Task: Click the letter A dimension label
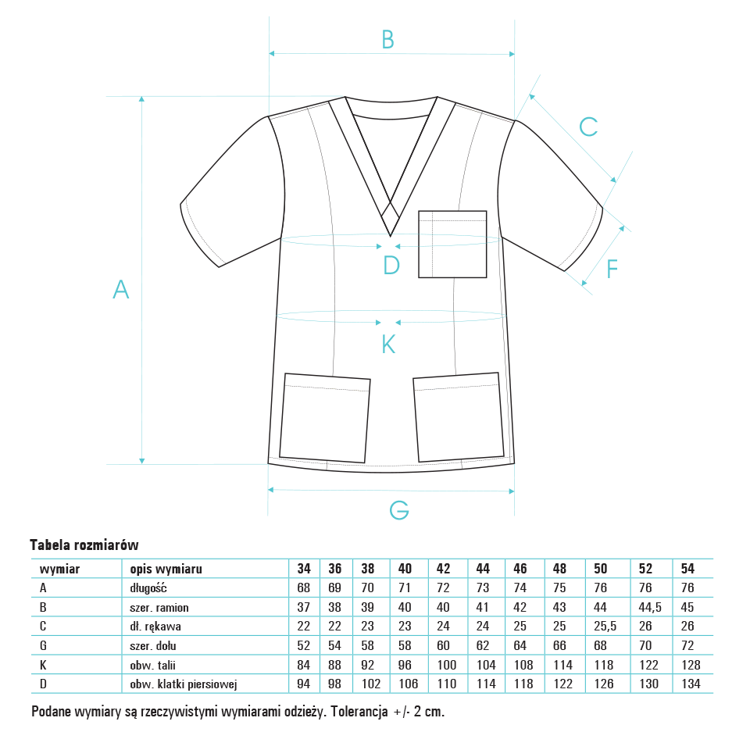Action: [x=120, y=289]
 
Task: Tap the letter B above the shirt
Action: [x=388, y=39]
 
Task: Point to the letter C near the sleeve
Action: [x=588, y=127]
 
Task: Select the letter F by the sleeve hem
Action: [x=612, y=269]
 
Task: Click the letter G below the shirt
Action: [x=399, y=510]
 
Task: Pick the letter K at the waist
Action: [x=388, y=344]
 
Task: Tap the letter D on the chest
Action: [x=391, y=265]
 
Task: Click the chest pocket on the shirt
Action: [x=452, y=244]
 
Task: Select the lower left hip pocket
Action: [x=325, y=418]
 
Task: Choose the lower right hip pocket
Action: [x=459, y=417]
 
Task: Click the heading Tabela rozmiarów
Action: [x=84, y=545]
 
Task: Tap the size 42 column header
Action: [x=443, y=568]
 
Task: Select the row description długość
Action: [x=148, y=587]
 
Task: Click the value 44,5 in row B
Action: [x=650, y=608]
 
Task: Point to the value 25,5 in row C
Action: [x=605, y=626]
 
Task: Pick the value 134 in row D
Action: [x=691, y=684]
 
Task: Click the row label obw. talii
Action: [x=152, y=665]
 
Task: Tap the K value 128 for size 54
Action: [x=691, y=665]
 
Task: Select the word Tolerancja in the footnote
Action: [x=359, y=712]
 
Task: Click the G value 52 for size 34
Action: [x=303, y=646]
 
